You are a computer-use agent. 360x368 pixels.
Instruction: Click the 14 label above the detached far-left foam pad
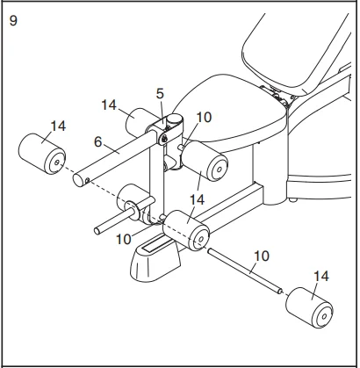pos(58,126)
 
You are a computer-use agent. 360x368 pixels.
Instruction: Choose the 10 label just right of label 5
pos(204,118)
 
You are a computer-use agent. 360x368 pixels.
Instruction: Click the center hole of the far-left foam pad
pos(57,162)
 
